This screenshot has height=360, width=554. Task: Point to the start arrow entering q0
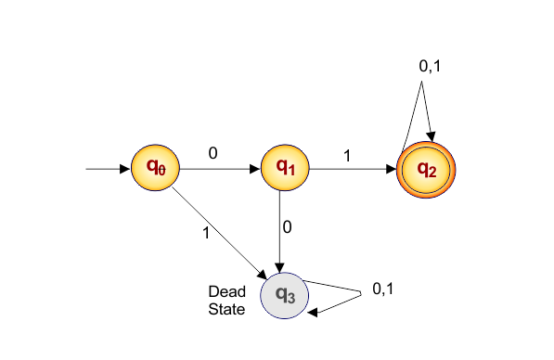108,170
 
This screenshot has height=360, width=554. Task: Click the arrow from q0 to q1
218,170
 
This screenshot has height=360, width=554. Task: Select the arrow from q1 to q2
352,170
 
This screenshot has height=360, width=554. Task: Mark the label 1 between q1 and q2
347,156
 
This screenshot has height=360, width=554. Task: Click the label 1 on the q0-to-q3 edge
206,233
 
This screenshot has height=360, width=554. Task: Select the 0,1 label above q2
432,66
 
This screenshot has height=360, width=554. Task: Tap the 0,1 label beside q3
383,289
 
